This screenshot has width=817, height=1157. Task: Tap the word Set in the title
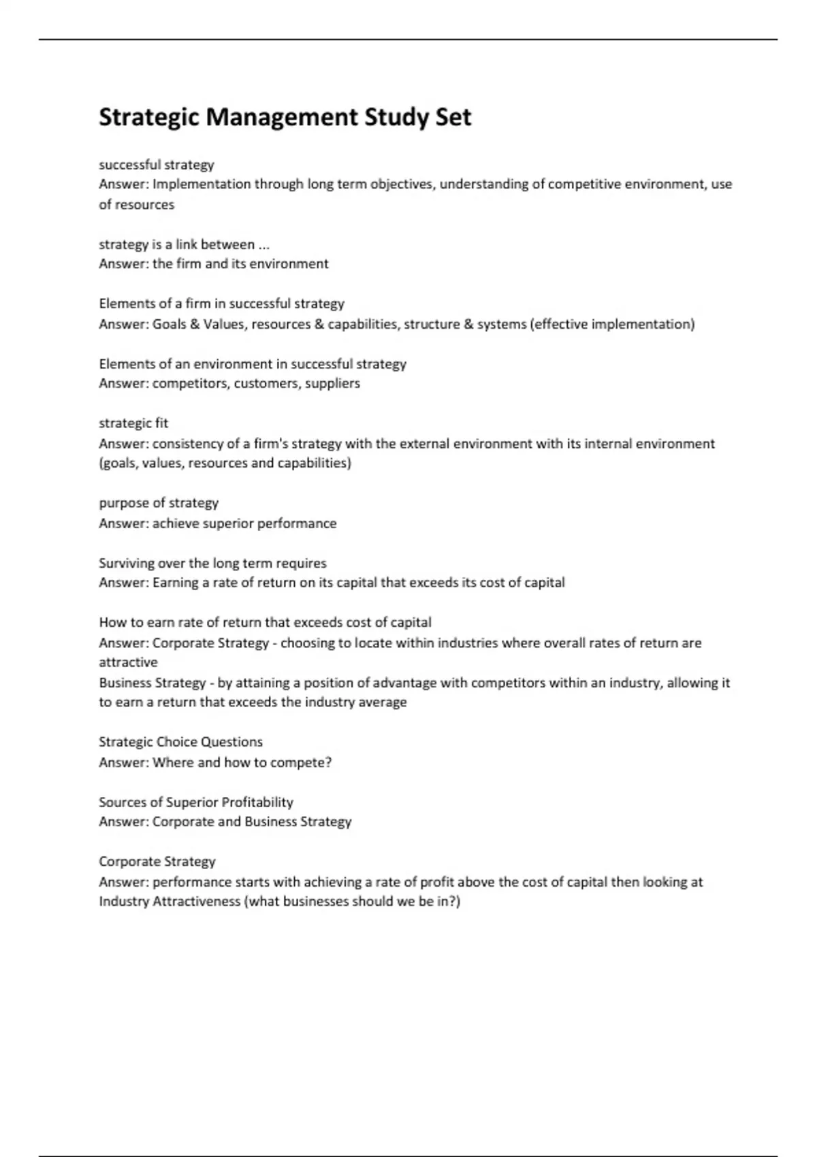453,118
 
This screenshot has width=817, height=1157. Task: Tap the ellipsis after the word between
264,245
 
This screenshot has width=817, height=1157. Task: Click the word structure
431,324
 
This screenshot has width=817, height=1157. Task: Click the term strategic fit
133,423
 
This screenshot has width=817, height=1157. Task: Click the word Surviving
126,564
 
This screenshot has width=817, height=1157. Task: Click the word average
383,702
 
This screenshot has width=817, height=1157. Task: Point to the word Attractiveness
197,902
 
